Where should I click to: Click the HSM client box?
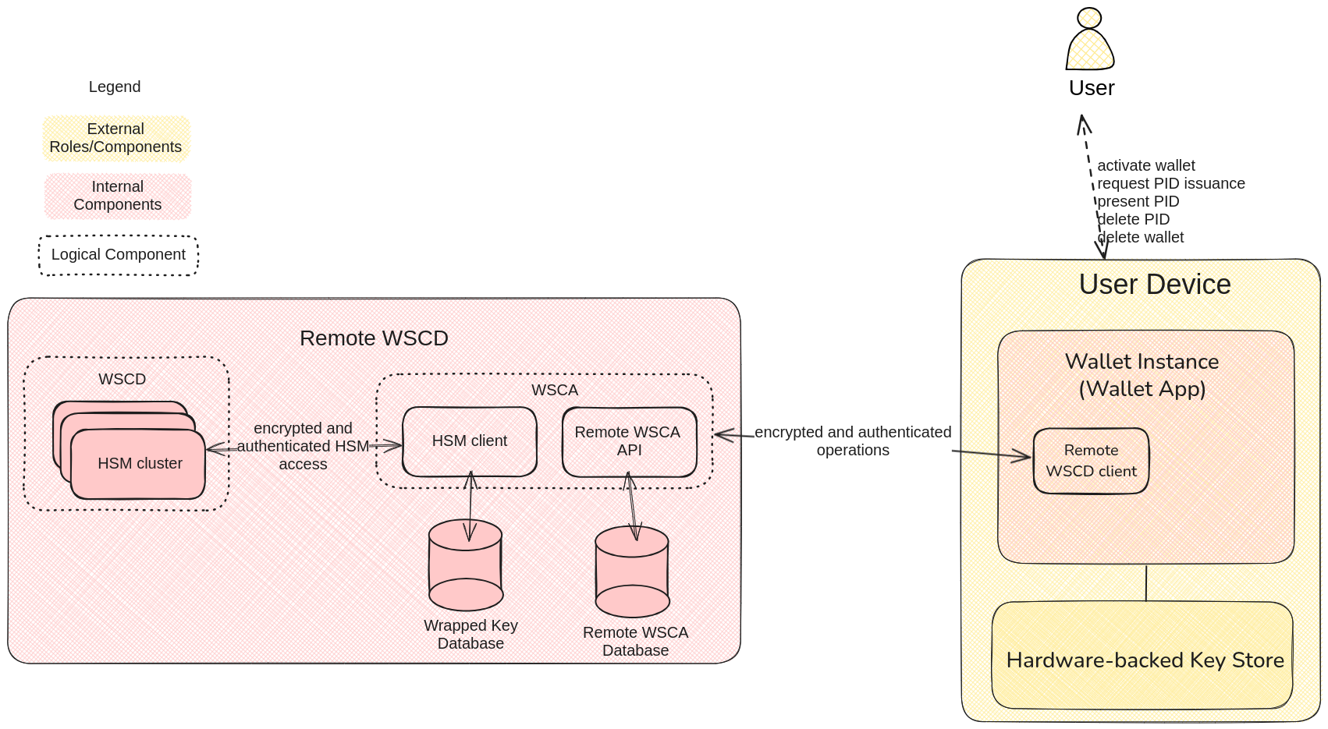pos(469,441)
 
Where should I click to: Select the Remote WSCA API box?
pos(629,441)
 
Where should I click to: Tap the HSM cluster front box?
pos(139,464)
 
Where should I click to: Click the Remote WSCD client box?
pos(1091,461)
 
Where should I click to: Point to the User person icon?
pos(1089,41)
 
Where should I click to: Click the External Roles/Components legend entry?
pos(115,138)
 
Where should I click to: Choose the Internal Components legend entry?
pos(118,196)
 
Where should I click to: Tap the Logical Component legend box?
pos(119,255)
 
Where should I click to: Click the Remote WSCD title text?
pos(374,338)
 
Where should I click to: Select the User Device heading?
pos(1154,285)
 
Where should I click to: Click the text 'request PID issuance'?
pos(1170,183)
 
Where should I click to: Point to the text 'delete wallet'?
pos(1140,237)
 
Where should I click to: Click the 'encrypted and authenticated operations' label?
pos(852,441)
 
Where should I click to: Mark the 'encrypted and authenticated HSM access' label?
pos(303,446)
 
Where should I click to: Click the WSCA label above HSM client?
pos(555,390)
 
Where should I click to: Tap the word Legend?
pos(115,87)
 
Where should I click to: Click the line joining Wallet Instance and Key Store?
pos(1145,582)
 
